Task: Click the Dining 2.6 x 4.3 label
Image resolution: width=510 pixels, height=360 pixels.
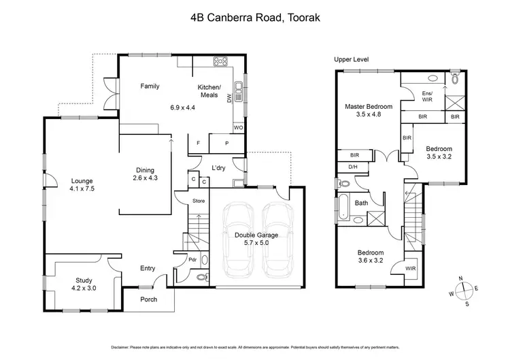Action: [144, 174]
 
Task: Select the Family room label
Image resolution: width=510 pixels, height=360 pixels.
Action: [150, 86]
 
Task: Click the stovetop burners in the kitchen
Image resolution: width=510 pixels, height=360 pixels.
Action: [220, 63]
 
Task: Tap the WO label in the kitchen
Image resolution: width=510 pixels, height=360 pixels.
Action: [238, 127]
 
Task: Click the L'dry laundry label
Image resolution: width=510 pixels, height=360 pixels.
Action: [218, 167]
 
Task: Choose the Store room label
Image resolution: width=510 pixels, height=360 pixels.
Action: [199, 201]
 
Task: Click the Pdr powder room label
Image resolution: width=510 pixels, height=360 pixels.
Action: [193, 259]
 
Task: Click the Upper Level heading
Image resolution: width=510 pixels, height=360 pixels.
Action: [352, 60]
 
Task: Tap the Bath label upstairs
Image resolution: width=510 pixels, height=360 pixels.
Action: [361, 203]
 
